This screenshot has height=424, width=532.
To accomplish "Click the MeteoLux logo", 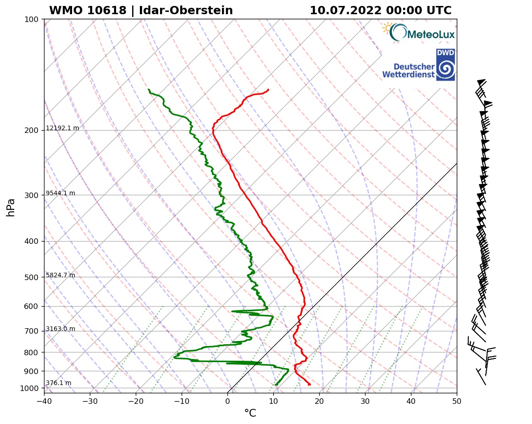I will click(x=418, y=33).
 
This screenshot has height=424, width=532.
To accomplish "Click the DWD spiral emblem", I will click(x=445, y=69).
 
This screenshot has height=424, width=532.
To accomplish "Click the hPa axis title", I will click(x=11, y=207).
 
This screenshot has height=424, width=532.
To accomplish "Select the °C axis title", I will click(x=250, y=413).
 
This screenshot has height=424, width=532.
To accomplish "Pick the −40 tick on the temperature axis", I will click(x=44, y=402).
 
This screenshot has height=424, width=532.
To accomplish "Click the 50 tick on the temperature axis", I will click(x=457, y=402).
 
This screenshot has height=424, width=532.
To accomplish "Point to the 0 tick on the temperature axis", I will click(x=227, y=402).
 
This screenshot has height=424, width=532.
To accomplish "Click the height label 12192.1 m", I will click(x=62, y=128).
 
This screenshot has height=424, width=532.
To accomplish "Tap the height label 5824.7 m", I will click(x=61, y=275).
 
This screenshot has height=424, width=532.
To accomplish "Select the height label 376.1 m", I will click(x=58, y=383).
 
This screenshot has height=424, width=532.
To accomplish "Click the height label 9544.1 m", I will click(x=61, y=193).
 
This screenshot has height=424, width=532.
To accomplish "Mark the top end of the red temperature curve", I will click(x=268, y=89).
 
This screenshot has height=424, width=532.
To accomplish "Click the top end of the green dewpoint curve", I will click(x=149, y=89).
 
